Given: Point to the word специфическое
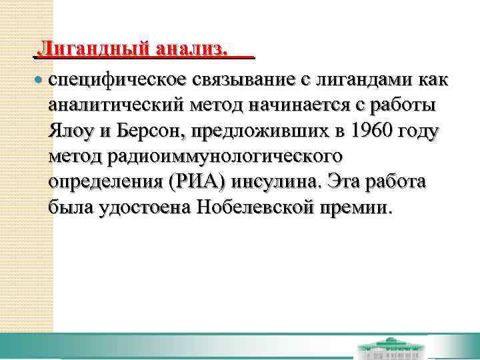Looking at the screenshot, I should pos(117,81).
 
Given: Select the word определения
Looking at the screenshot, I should pos(106,182).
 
